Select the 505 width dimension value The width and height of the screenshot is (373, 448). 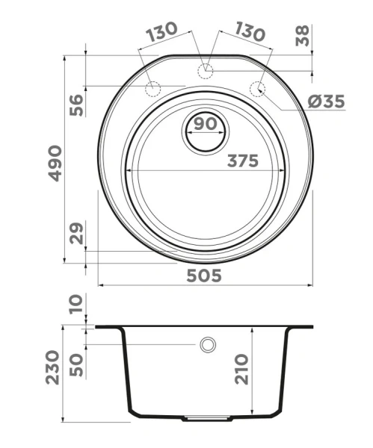(203, 276)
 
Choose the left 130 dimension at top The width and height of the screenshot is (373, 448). (161, 31)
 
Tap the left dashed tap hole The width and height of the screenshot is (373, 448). (152, 89)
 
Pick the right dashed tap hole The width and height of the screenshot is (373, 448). (258, 89)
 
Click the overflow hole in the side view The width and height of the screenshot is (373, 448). (207, 345)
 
